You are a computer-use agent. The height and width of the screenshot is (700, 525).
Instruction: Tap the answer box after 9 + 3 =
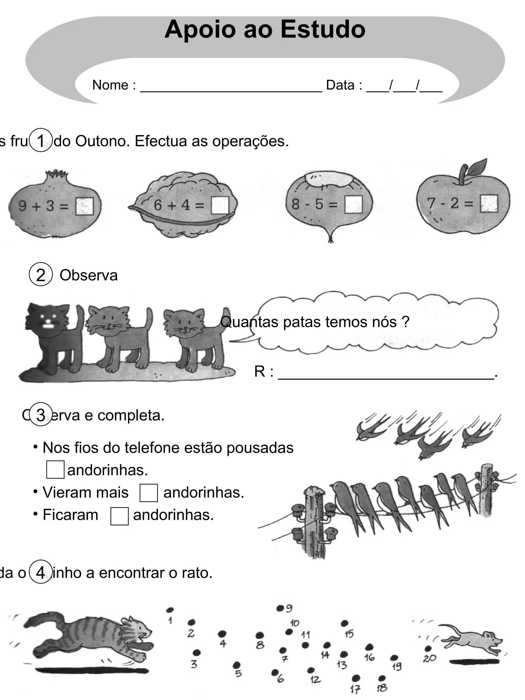click(85, 206)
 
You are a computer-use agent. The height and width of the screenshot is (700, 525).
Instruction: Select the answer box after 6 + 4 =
click(220, 205)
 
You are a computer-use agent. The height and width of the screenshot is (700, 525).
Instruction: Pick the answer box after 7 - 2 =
click(489, 203)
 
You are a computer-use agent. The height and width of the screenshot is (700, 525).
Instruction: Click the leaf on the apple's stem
click(477, 167)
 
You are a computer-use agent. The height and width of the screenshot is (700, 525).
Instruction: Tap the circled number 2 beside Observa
click(41, 274)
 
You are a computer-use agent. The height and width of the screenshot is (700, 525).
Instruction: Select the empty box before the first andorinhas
click(55, 470)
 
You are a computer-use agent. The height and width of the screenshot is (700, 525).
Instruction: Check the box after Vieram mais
click(148, 492)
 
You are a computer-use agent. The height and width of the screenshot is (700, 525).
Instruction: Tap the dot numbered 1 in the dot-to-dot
click(170, 610)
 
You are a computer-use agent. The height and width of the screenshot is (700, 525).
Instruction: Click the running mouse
click(471, 641)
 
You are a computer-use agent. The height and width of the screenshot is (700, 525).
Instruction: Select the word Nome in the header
click(110, 85)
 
